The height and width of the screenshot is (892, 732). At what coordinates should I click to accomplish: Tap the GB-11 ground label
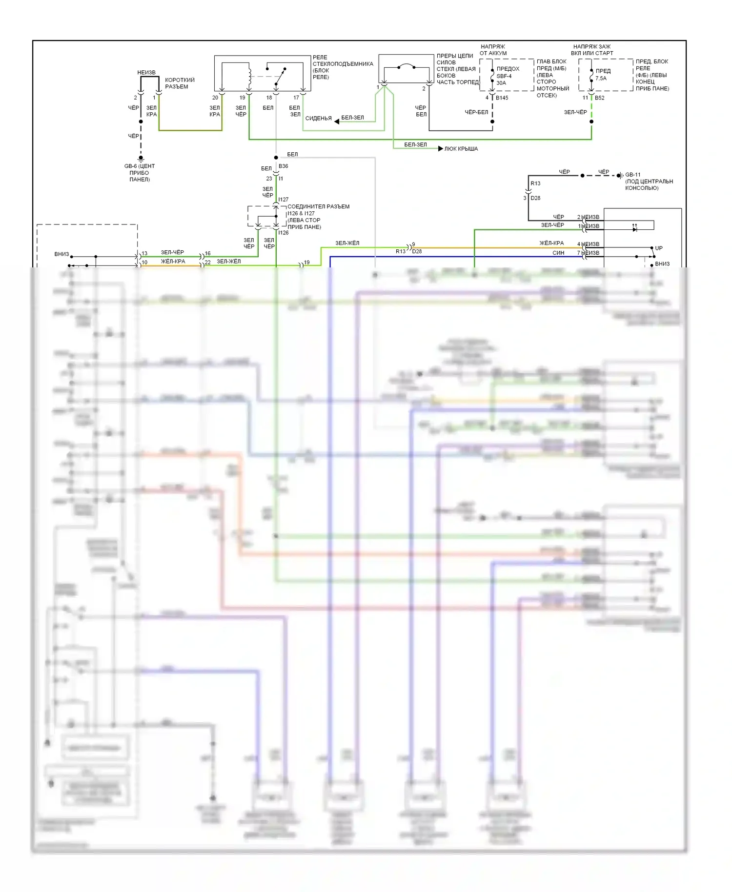pyautogui.click(x=633, y=175)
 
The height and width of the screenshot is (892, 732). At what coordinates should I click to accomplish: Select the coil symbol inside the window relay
pyautogui.click(x=250, y=76)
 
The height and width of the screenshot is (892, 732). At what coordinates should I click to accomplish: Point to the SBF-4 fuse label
pyautogui.click(x=504, y=76)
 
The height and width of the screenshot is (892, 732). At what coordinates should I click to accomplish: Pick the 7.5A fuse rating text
pyautogui.click(x=601, y=79)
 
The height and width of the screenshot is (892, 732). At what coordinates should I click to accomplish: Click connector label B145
pyautogui.click(x=502, y=98)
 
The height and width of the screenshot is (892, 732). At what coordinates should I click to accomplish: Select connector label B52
pyautogui.click(x=600, y=98)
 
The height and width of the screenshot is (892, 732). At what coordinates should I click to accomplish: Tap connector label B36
pyautogui.click(x=283, y=166)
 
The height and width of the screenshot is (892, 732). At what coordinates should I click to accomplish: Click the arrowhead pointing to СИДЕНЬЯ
pyautogui.click(x=337, y=121)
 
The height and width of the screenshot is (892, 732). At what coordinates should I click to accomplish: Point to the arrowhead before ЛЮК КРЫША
pyautogui.click(x=441, y=149)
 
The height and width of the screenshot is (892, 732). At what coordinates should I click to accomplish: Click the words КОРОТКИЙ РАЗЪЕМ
pyautogui.click(x=179, y=83)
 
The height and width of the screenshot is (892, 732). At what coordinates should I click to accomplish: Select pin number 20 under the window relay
pyautogui.click(x=215, y=98)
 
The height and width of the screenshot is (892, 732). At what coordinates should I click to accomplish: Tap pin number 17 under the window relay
pyautogui.click(x=296, y=98)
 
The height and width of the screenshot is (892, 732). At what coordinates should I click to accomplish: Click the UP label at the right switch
pyautogui.click(x=658, y=248)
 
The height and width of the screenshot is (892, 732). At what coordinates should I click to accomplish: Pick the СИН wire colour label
pyautogui.click(x=558, y=253)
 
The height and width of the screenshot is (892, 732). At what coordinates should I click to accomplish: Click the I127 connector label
pyautogui.click(x=284, y=200)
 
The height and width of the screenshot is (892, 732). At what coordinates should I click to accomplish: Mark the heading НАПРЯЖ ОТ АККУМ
pyautogui.click(x=493, y=50)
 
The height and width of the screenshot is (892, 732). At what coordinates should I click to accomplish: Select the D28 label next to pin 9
pyautogui.click(x=417, y=252)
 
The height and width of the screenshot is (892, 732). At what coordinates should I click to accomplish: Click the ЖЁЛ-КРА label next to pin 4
pyautogui.click(x=551, y=243)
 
